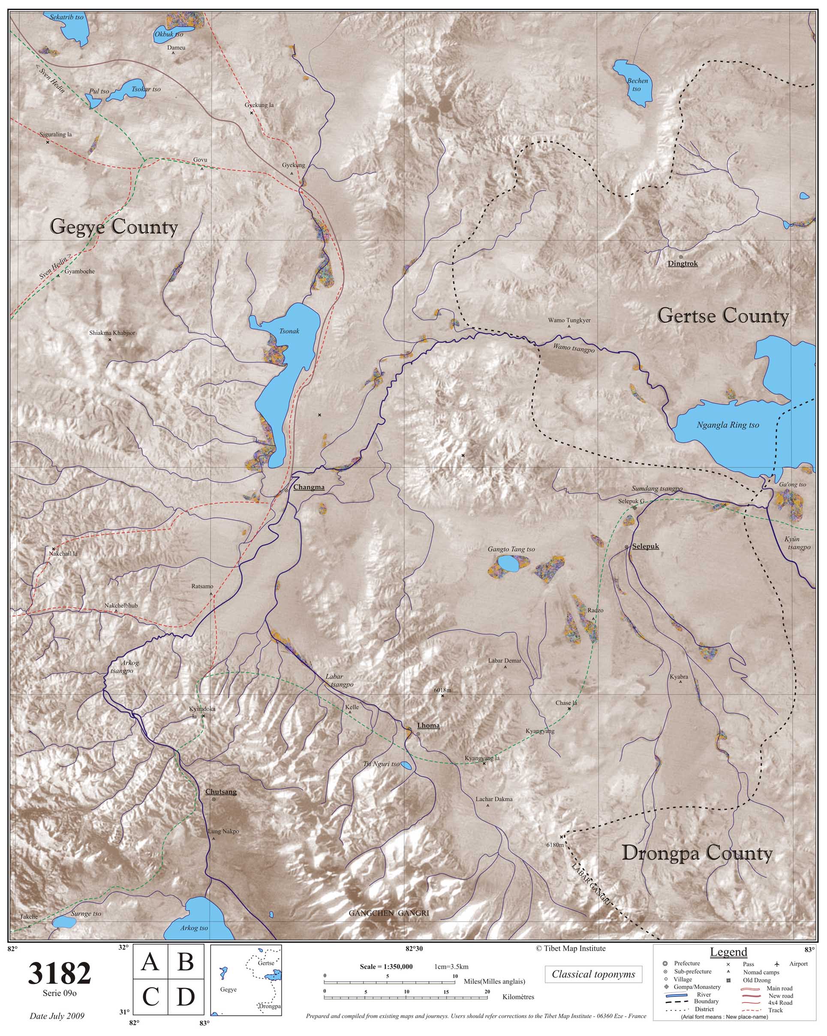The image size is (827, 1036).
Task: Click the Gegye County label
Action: [x=114, y=227]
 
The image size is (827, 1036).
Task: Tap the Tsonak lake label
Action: [x=289, y=331]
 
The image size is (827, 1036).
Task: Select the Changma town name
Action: [x=309, y=487]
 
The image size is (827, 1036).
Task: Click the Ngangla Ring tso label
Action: [x=728, y=425]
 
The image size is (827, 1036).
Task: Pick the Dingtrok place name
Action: [x=683, y=264]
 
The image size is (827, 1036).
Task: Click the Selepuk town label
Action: [x=645, y=547]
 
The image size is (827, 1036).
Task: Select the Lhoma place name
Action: [x=428, y=726]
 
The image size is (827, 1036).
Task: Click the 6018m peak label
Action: [x=442, y=691]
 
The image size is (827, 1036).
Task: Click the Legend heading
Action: [x=728, y=952]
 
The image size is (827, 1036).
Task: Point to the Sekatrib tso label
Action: [x=67, y=17]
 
